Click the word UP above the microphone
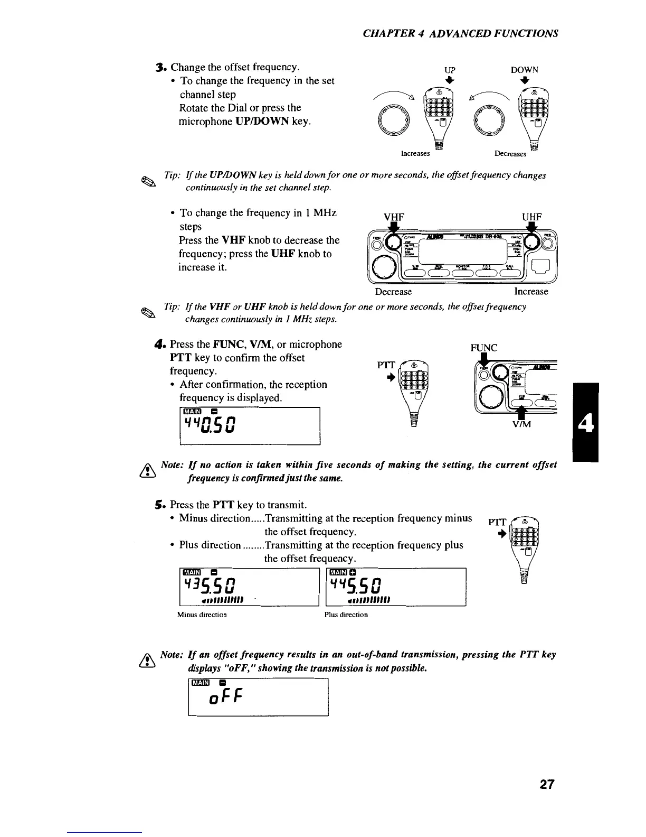point(450,70)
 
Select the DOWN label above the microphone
point(524,70)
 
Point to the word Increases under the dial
point(415,154)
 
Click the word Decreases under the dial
point(510,154)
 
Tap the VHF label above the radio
point(394,217)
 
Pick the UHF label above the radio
point(532,217)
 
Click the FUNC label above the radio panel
point(483,348)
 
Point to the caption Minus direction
point(202,615)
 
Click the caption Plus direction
point(346,615)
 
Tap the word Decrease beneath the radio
point(393,292)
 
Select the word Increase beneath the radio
point(531,292)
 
